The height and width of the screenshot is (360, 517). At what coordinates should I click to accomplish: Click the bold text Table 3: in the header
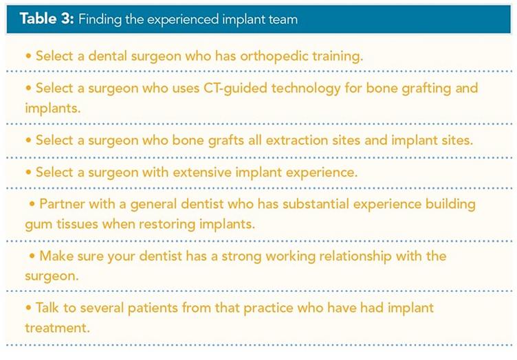click(47, 19)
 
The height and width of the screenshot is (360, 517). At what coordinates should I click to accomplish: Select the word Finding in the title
click(100, 20)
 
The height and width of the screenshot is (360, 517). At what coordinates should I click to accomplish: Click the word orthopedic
click(274, 56)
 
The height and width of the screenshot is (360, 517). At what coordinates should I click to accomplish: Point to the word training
click(338, 56)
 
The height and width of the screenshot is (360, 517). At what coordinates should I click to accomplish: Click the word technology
click(306, 88)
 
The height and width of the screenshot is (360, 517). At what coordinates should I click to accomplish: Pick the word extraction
click(297, 140)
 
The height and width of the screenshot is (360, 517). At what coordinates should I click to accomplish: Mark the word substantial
click(316, 204)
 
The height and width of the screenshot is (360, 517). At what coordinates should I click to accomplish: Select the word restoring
click(167, 224)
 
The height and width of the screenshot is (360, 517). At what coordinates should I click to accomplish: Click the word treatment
click(57, 328)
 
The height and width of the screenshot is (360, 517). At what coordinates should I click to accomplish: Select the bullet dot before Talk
click(28, 308)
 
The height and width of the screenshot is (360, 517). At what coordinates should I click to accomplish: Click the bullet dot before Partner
click(32, 204)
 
